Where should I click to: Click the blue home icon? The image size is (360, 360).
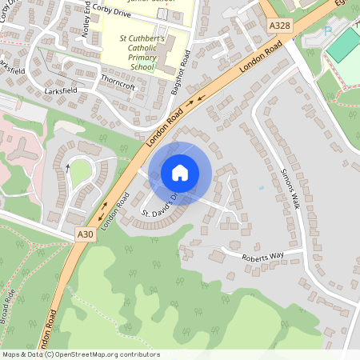point(180,172)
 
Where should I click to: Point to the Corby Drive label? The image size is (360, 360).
point(110,14)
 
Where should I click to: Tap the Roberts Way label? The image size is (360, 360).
point(263,255)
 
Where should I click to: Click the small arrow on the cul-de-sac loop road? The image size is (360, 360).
point(69,166)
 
